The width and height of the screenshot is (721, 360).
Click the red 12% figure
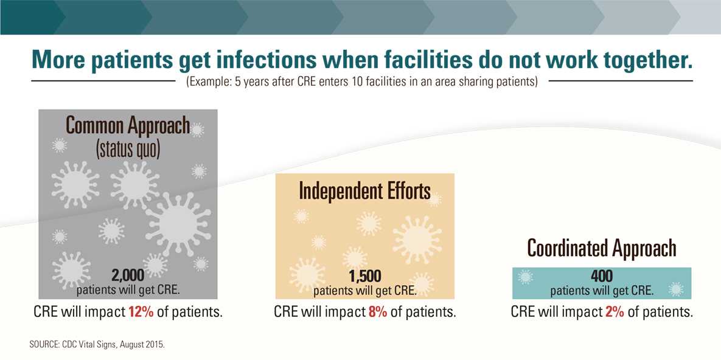click(141, 313)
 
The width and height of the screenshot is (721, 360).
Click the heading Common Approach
click(127, 125)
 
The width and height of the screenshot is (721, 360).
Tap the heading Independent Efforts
click(364, 191)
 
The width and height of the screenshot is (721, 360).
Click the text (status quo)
click(128, 148)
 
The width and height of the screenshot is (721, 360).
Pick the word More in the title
click(61, 60)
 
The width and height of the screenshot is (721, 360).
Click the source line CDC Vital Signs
click(97, 345)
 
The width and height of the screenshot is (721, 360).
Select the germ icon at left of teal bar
click(525, 277)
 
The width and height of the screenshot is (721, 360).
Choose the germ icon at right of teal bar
click(676, 289)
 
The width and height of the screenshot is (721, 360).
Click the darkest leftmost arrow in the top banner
click(30, 17)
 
